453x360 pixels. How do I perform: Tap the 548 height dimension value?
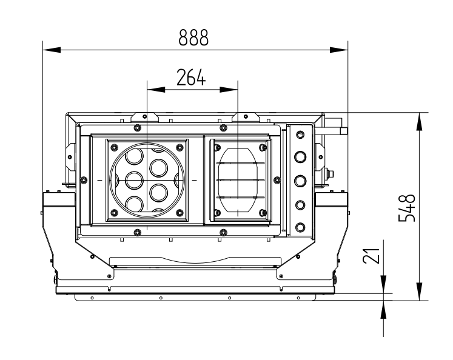pos(409,207)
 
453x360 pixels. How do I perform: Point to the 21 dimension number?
pos(375,255)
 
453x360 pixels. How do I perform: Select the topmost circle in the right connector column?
pos(299,135)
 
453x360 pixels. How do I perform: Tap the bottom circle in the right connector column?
pos(299,227)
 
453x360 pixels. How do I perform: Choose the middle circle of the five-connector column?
pos(299,181)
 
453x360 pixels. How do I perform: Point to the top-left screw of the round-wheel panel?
pos(113,146)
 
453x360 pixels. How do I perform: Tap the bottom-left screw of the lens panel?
pos(216,212)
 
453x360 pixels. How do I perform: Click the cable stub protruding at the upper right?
pos(340,130)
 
